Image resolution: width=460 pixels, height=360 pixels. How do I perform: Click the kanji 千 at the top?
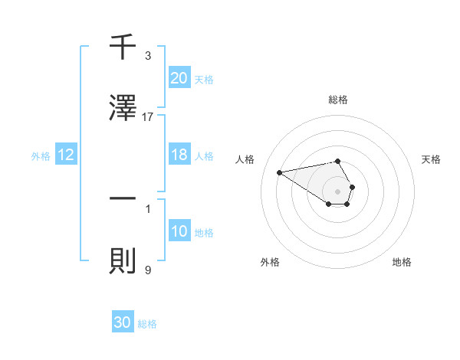click(x=123, y=48)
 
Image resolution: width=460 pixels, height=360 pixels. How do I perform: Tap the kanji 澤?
click(x=123, y=108)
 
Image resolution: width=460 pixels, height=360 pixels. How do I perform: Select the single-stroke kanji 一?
click(x=123, y=198)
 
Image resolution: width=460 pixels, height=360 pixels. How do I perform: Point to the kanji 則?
click(x=123, y=260)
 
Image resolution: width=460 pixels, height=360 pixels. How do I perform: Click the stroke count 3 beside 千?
click(x=148, y=56)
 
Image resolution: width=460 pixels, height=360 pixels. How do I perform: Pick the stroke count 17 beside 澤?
click(x=148, y=116)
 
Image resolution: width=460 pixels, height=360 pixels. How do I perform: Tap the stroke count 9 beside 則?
click(x=148, y=269)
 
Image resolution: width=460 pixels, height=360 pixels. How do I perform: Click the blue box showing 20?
click(x=179, y=78)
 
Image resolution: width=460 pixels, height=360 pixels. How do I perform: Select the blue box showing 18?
click(x=179, y=155)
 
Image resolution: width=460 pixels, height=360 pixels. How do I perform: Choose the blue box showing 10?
click(x=179, y=231)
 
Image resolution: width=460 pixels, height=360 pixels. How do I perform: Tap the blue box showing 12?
click(x=66, y=155)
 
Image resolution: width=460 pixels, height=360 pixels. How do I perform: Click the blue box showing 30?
click(x=123, y=322)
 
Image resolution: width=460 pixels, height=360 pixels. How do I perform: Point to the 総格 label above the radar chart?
click(x=338, y=100)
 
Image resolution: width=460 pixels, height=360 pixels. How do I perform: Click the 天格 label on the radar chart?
click(x=432, y=159)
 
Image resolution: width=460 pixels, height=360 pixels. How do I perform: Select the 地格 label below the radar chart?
click(x=402, y=262)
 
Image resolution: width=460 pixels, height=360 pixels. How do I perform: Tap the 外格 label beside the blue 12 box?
click(x=41, y=155)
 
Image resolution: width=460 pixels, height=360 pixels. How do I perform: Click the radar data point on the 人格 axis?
click(x=280, y=172)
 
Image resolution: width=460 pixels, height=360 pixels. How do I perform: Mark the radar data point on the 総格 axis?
click(x=338, y=161)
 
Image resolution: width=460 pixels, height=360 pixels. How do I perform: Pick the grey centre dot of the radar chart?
click(x=338, y=191)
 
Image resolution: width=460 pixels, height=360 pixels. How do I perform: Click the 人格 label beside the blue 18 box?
click(x=204, y=155)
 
